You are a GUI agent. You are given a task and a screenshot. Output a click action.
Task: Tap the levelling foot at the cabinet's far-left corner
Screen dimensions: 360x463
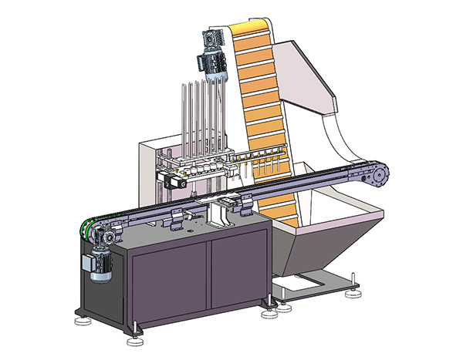79,318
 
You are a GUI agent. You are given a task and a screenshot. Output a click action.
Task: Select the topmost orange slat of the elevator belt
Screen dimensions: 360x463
252,32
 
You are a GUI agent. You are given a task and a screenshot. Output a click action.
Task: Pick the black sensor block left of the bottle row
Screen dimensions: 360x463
171,182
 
